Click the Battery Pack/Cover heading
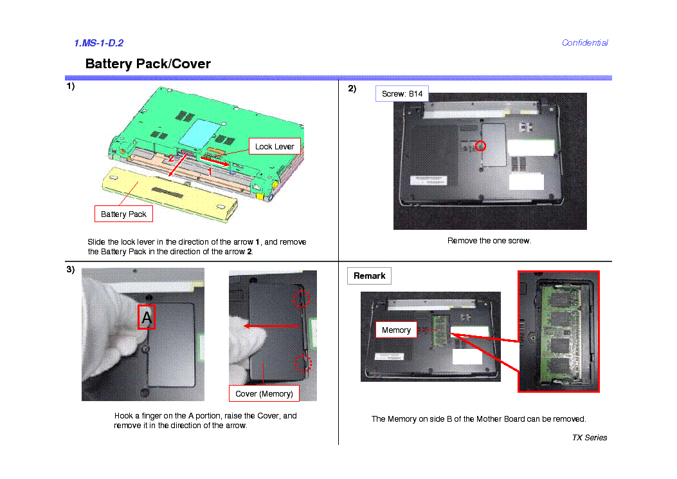tap(148, 64)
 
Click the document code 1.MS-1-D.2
tap(98, 43)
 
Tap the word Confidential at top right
tap(584, 43)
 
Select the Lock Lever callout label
tap(275, 146)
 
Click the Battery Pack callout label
tap(123, 214)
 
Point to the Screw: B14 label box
tap(402, 94)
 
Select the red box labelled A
tap(147, 317)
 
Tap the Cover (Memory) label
tap(264, 393)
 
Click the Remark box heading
tap(369, 276)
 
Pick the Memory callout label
tap(396, 330)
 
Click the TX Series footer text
tap(589, 438)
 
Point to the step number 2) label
tap(352, 89)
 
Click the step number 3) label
tap(70, 270)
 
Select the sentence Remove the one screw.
tap(489, 241)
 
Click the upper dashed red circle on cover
tap(302, 298)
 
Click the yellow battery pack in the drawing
tap(170, 193)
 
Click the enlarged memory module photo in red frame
tap(559, 332)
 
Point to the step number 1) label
tap(70, 86)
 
